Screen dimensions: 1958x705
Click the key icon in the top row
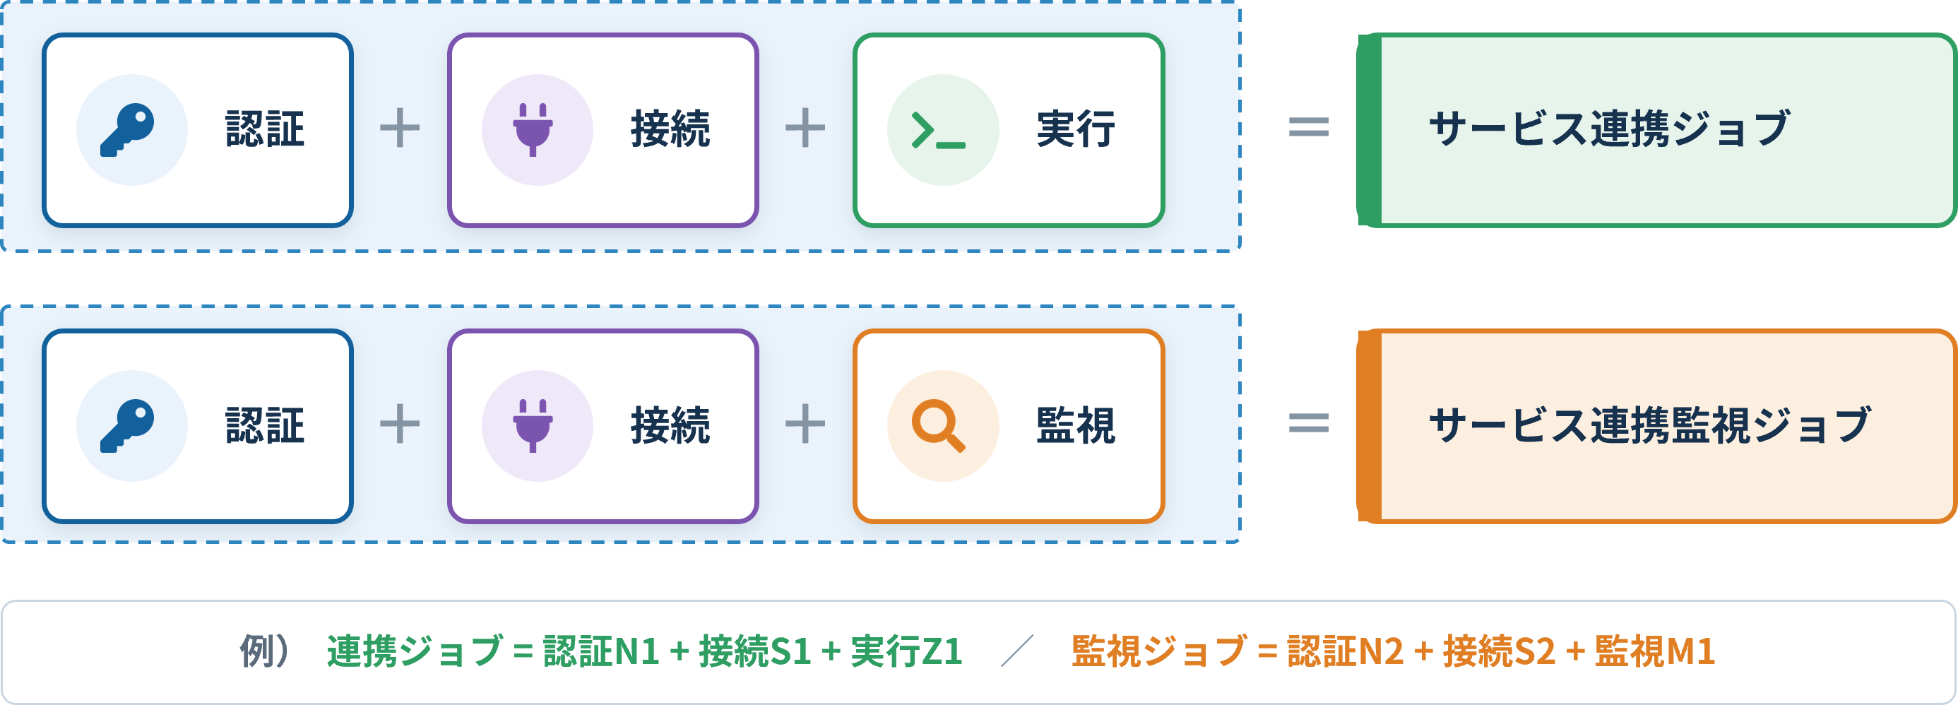point(127,130)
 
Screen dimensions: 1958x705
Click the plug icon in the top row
point(533,130)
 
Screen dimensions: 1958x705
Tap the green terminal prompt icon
point(938,130)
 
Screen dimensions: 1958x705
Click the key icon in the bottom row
point(127,426)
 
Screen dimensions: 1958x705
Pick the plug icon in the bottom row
point(533,426)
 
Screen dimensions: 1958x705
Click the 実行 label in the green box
point(1076,129)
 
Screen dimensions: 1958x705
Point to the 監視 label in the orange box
point(1076,425)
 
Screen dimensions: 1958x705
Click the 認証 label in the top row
point(264,129)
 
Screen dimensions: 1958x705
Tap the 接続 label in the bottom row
point(670,425)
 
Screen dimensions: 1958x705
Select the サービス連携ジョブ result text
point(1609,129)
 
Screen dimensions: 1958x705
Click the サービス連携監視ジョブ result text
point(1649,425)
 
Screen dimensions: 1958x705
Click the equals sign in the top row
point(1309,127)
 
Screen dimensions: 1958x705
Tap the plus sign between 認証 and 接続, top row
point(400,128)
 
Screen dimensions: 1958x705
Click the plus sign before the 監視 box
point(805,424)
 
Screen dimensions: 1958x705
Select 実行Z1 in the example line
point(907,652)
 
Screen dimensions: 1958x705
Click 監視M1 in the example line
point(1655,652)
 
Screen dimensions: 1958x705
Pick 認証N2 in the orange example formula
point(1346,652)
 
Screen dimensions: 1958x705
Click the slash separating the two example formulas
point(1017,652)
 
